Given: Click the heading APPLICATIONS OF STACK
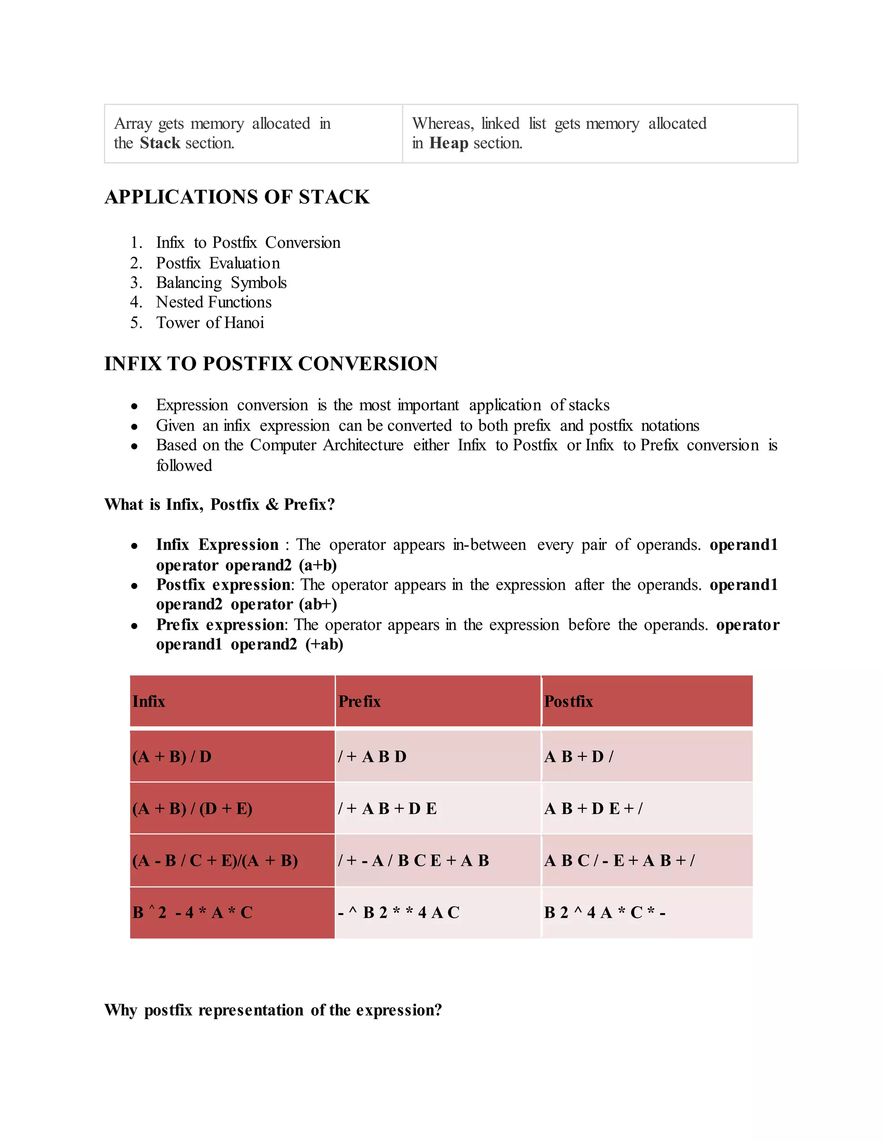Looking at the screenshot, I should (237, 197).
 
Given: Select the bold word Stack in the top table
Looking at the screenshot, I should (160, 143).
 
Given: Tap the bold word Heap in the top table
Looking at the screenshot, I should (448, 143).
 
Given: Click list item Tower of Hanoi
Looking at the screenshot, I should (210, 323).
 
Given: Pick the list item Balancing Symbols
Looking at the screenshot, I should (221, 283).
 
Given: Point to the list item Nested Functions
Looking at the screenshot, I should (213, 302).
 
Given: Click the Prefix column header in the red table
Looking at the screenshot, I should (360, 701).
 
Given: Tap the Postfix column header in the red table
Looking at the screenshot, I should (569, 701).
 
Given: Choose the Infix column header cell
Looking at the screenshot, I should (149, 701).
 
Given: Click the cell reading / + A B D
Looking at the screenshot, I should (372, 757).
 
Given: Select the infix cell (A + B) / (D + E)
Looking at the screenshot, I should (192, 809).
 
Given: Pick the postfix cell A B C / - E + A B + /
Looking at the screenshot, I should (620, 861).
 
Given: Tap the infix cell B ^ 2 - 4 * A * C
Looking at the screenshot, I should (192, 912).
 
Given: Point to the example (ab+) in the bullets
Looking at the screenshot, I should (318, 605).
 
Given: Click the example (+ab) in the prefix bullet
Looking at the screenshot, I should (324, 644).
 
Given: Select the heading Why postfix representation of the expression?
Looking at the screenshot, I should (272, 1010).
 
